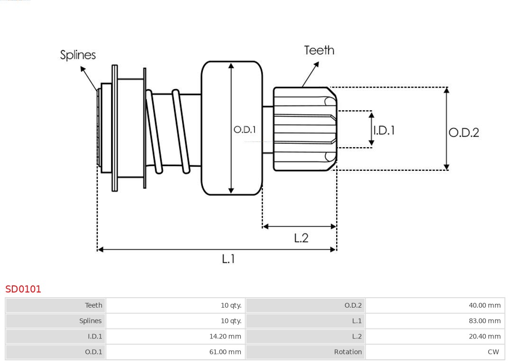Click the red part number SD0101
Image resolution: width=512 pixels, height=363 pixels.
click(x=23, y=289)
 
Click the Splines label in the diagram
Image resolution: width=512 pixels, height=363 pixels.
click(x=78, y=55)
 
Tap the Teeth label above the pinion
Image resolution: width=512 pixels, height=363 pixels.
click(x=319, y=50)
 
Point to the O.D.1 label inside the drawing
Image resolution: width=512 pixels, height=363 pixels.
click(x=245, y=129)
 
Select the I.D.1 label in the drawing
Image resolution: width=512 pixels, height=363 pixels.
click(x=384, y=130)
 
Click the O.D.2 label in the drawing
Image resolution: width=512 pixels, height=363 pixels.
click(x=464, y=133)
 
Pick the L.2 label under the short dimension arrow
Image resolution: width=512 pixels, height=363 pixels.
click(x=301, y=238)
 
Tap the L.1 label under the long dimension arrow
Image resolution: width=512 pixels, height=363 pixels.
click(x=229, y=259)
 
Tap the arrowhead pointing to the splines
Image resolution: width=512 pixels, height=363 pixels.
click(x=82, y=69)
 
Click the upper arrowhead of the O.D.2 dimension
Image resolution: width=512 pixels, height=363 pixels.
click(x=446, y=90)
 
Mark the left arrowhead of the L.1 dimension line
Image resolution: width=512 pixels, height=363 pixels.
click(x=100, y=249)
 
